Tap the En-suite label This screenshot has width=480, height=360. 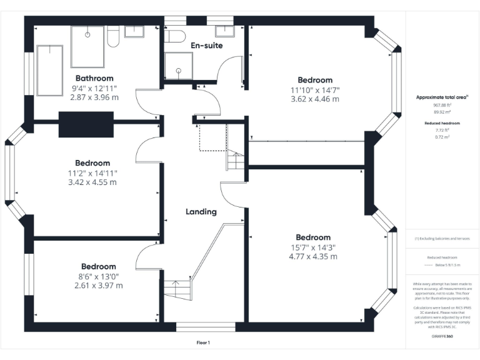click(206, 46)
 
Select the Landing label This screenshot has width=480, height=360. click(201, 211)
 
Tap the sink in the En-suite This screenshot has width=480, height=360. click(225, 31)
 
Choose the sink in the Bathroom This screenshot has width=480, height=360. click(134, 31)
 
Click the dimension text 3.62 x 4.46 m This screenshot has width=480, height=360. click(314, 99)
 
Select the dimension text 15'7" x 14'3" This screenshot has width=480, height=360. click(313, 247)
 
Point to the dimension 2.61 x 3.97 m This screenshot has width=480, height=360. click(98, 286)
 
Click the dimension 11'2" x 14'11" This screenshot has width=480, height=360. click(92, 173)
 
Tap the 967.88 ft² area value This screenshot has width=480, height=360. click(442, 106)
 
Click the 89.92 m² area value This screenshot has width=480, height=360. click(442, 113)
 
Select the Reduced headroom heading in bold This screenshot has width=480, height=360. click(442, 123)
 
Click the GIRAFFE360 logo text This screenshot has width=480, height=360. click(442, 336)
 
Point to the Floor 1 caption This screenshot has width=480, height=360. click(204, 342)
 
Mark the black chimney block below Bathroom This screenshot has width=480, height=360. click(86, 124)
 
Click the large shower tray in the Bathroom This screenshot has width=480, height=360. click(87, 47)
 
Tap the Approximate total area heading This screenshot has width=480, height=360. click(442, 97)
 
